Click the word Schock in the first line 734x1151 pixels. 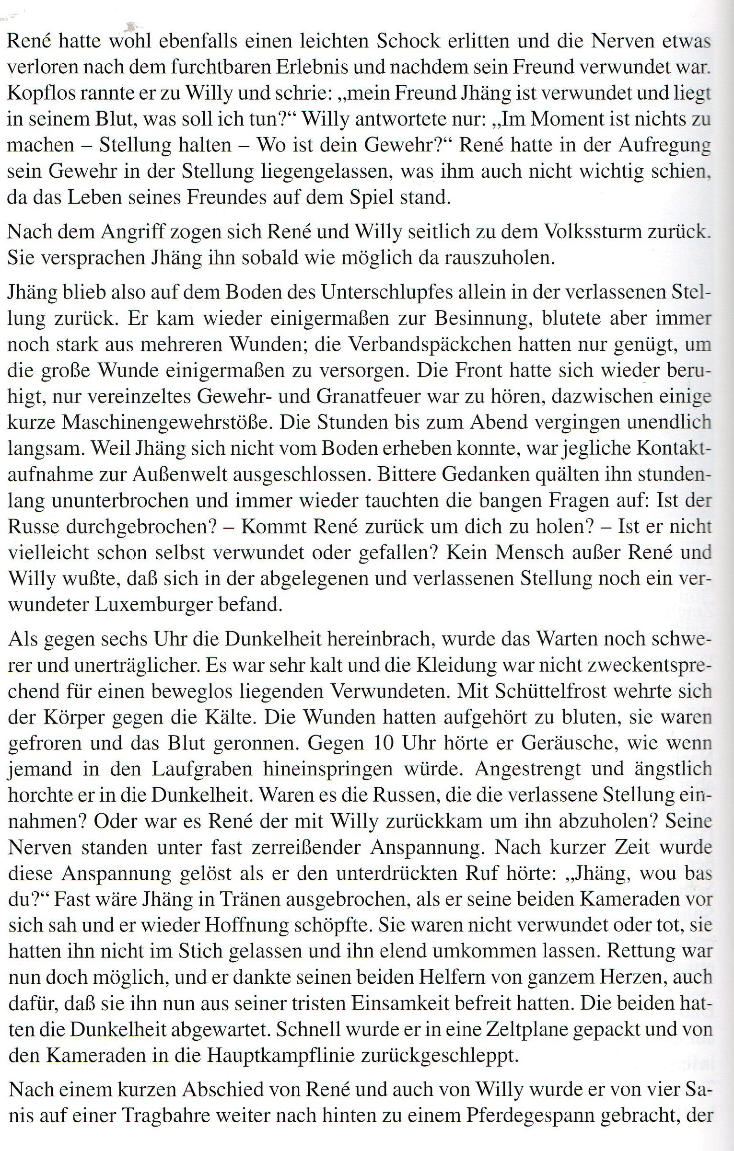(408, 42)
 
